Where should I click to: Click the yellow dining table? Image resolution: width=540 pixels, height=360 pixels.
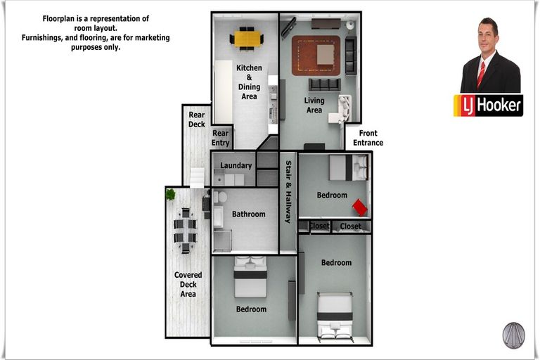tap(247, 39)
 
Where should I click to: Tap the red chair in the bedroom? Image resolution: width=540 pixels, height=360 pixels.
tap(359, 207)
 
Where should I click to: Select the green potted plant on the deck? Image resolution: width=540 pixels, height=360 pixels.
tap(170, 195)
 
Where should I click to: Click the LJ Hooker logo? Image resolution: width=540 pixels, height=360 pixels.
tap(489, 105)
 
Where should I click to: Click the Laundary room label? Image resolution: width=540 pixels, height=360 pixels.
tap(236, 165)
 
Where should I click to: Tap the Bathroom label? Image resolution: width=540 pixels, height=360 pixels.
tap(249, 214)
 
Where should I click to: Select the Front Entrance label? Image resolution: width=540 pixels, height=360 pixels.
tap(368, 138)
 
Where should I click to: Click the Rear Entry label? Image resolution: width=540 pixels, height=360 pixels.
tap(220, 138)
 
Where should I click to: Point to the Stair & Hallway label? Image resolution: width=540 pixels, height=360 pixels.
tap(288, 191)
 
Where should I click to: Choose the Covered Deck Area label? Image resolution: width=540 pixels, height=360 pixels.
tap(188, 284)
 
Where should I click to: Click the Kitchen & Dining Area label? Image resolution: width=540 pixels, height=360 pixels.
tap(249, 82)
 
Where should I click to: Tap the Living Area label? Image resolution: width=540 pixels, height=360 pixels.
tap(314, 105)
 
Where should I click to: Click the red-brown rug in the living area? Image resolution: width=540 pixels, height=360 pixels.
tap(316, 56)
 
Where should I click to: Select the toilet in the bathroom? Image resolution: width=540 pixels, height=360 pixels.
tap(220, 197)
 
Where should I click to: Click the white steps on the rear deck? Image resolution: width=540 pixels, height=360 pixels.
tap(198, 177)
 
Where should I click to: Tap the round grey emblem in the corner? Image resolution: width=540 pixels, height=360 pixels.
tap(513, 335)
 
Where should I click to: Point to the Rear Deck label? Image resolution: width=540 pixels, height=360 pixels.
tap(197, 120)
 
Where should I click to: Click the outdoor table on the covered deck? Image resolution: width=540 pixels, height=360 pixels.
tap(186, 230)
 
